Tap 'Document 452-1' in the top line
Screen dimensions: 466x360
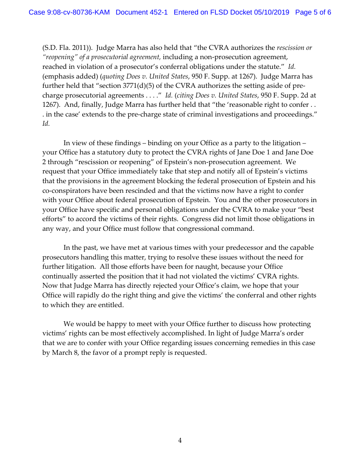point(142,12)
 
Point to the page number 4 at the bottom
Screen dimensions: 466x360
point(180,440)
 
